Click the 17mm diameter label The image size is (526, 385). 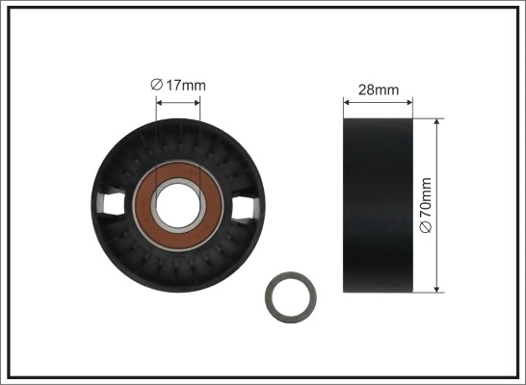click(x=179, y=86)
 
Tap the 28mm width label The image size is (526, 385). click(x=378, y=90)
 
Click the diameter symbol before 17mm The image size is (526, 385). click(x=156, y=86)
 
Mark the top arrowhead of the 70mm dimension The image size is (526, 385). click(x=437, y=122)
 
